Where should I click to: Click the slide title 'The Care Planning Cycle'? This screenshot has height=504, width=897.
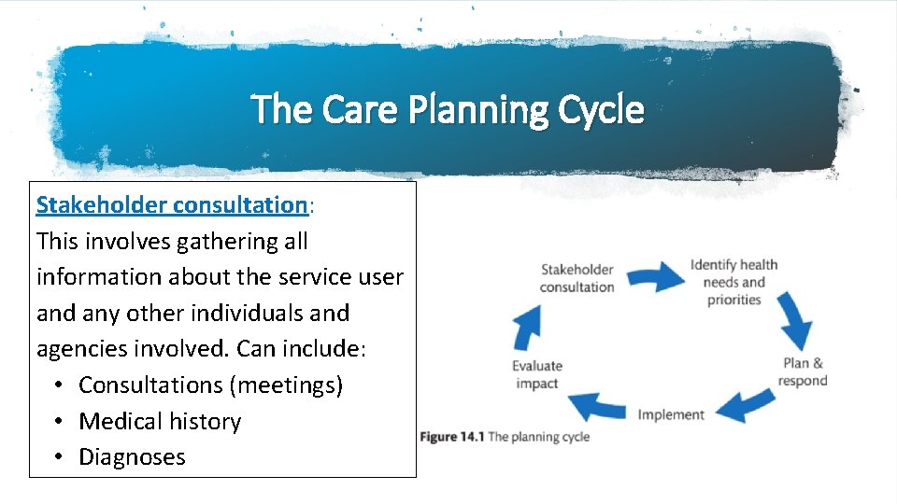448,110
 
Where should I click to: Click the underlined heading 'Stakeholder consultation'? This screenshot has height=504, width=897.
172,204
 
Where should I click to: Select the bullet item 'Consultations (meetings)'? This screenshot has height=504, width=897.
210,385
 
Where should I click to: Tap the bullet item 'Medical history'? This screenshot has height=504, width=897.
160,421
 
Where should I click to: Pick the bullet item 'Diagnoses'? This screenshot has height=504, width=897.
132,456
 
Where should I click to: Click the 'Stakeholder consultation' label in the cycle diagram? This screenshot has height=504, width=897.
577,278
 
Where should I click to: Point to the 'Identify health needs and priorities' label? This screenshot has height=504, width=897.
733,282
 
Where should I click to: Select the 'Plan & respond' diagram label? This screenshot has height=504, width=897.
803,371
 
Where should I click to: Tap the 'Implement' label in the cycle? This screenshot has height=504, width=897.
671,414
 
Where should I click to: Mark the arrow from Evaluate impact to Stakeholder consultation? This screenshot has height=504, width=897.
525,329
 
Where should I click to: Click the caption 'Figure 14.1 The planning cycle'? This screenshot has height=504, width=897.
505,437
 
